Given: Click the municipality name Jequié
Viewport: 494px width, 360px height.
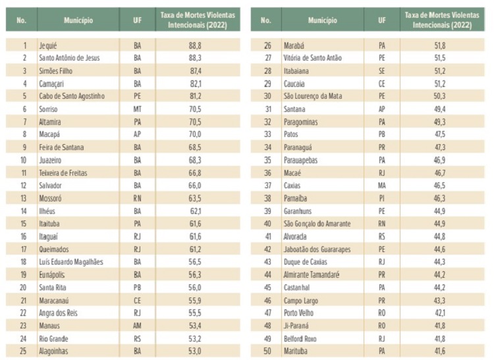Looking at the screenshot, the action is click(48, 45).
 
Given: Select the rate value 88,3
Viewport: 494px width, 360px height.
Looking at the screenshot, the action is click(195, 58).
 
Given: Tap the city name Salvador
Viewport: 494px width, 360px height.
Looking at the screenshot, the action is click(51, 186).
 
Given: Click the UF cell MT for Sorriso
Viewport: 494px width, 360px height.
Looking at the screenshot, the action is click(138, 109).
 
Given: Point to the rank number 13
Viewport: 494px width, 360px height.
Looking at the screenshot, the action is click(23, 198).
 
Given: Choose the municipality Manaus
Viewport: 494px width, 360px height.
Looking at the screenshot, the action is click(49, 325).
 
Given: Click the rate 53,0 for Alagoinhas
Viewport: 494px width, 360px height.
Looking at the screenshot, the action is click(195, 351).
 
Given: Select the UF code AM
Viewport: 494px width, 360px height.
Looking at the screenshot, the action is click(138, 325).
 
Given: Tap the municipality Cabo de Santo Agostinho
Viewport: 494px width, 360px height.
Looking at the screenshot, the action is click(72, 96).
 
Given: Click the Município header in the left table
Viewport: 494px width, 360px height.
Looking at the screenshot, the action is click(78, 20).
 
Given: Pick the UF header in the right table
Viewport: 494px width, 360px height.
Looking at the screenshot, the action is click(382, 20).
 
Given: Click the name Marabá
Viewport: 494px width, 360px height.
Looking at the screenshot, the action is click(294, 45).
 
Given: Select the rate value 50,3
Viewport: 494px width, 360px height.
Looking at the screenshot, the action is click(439, 96).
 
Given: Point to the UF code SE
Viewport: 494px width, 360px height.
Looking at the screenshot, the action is click(382, 71).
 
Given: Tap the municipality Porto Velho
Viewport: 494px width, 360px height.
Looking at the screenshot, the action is click(298, 313).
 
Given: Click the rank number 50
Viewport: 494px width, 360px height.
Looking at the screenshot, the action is click(267, 351).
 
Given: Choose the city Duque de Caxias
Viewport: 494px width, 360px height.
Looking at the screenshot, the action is click(305, 262).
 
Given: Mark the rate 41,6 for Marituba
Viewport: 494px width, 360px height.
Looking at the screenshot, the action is click(439, 351).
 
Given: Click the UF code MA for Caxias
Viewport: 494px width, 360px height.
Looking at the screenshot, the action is click(382, 186).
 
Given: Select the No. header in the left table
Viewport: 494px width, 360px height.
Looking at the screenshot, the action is click(22, 20).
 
